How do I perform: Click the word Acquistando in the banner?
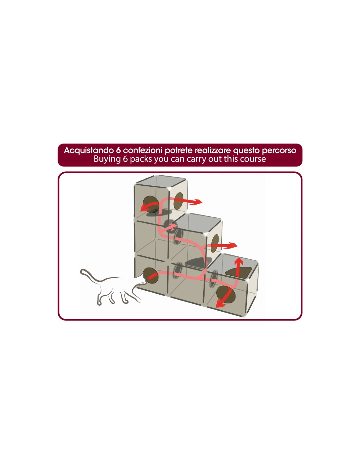click(88, 150)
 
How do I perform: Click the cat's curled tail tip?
click(82, 271)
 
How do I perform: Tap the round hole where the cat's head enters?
click(151, 276)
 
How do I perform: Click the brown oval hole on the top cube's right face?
click(179, 201)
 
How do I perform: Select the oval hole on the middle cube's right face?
click(215, 243)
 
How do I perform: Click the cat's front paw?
click(99, 303)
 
